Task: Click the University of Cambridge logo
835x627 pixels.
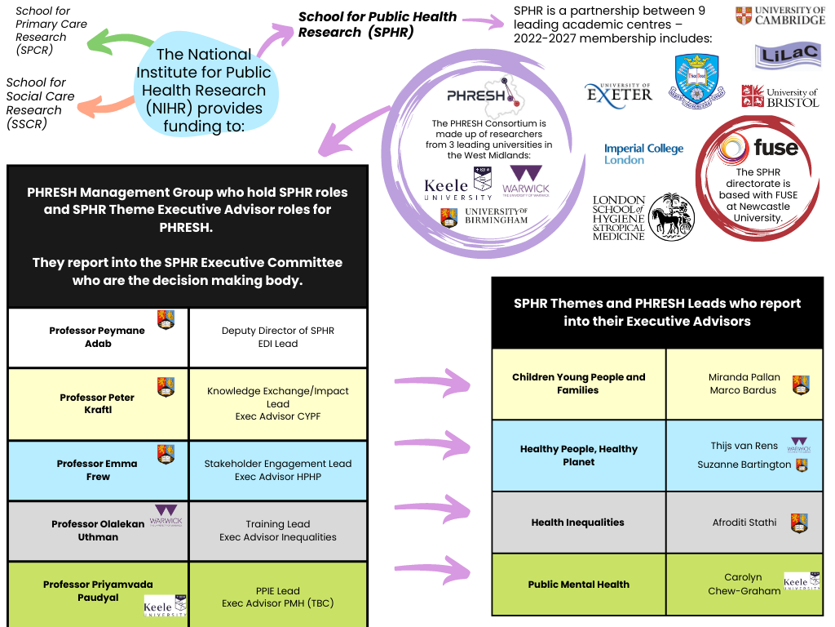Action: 780,16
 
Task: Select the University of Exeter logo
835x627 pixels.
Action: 619,93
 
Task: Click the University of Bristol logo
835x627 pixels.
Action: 780,97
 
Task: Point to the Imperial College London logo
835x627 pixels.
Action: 643,154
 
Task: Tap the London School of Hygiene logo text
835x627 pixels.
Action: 619,218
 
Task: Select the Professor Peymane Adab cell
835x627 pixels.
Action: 98,337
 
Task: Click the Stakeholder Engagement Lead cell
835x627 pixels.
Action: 277,470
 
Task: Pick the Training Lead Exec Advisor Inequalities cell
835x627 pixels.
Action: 277,531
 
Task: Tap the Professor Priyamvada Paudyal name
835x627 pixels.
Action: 98,591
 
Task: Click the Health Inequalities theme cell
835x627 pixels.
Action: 577,522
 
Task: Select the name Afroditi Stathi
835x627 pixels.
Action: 744,522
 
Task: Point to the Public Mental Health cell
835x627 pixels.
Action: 578,585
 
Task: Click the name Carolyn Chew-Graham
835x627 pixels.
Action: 743,585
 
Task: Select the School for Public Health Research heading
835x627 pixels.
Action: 377,24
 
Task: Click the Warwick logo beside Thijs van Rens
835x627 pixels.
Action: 799,445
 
